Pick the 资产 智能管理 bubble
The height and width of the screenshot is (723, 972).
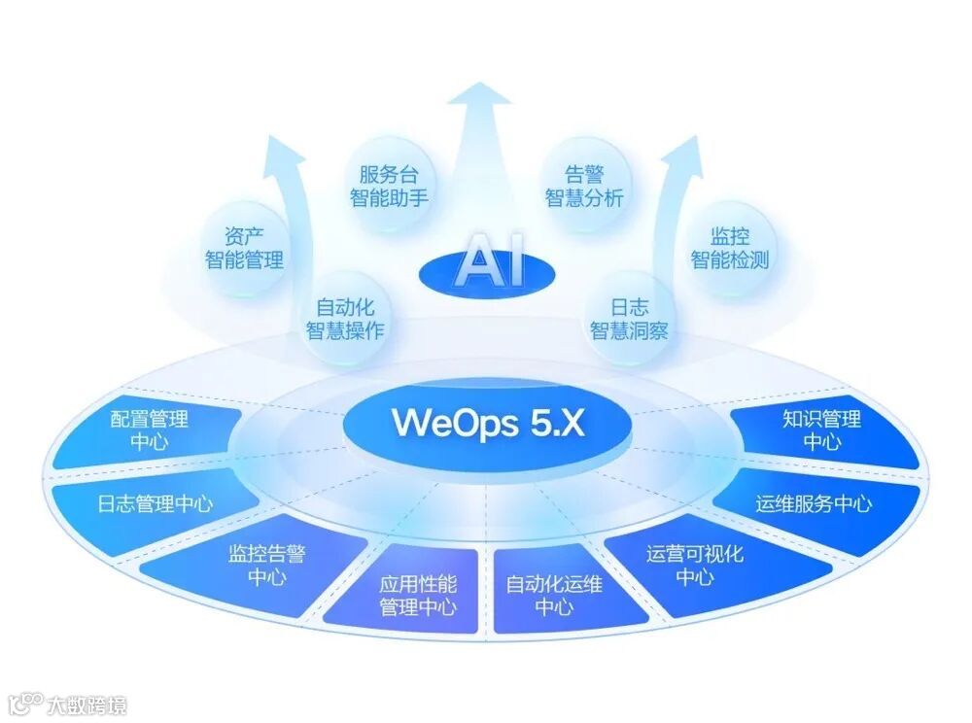(x=244, y=248)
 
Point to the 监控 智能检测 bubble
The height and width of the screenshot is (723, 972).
(x=729, y=248)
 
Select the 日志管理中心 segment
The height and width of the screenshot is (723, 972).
(x=156, y=503)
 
